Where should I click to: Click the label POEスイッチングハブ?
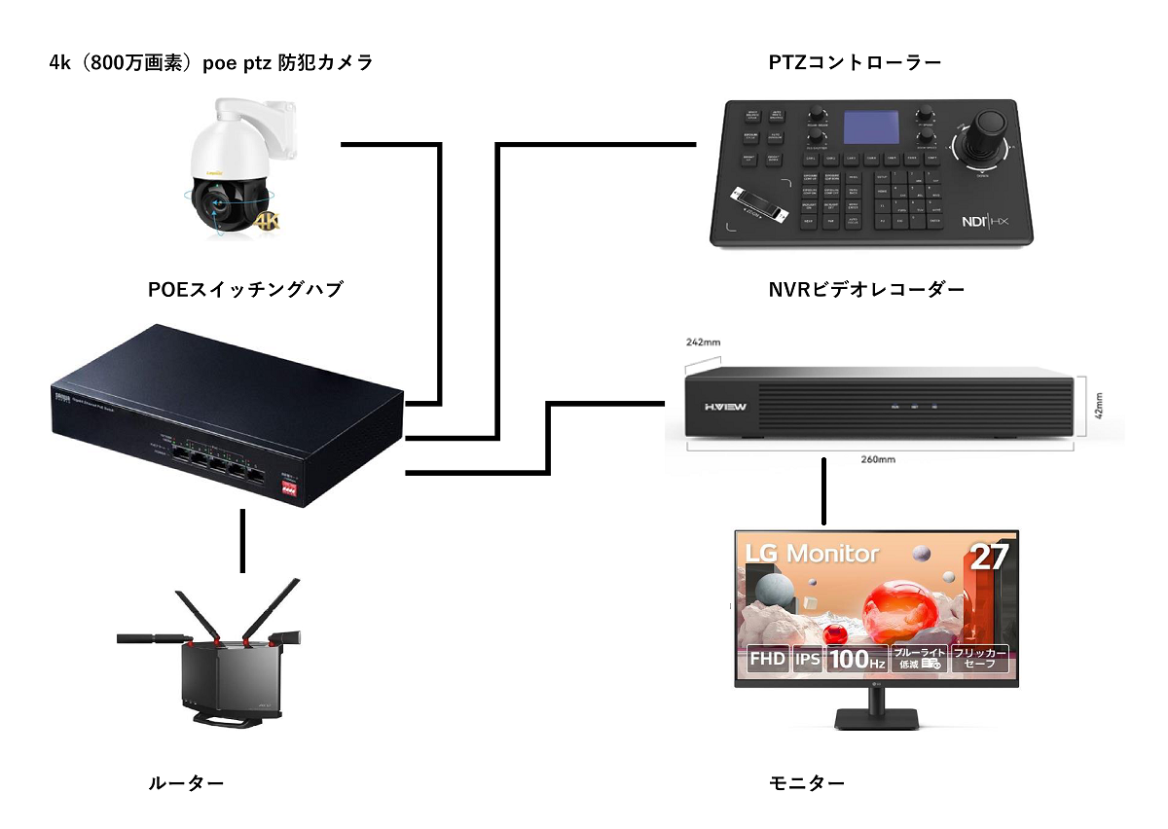point(245,289)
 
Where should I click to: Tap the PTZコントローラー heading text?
point(855,63)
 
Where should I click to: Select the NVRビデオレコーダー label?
point(866,289)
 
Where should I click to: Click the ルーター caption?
point(186,782)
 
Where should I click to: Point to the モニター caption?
point(806,782)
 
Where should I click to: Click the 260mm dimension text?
point(880,458)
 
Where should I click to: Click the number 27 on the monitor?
point(989,557)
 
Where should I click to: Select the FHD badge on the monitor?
point(768,660)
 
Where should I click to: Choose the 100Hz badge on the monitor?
point(857,660)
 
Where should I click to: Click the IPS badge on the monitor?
point(808,660)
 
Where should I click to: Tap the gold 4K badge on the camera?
point(266,222)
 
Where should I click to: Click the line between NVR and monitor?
point(825,491)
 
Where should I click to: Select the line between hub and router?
point(242,540)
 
